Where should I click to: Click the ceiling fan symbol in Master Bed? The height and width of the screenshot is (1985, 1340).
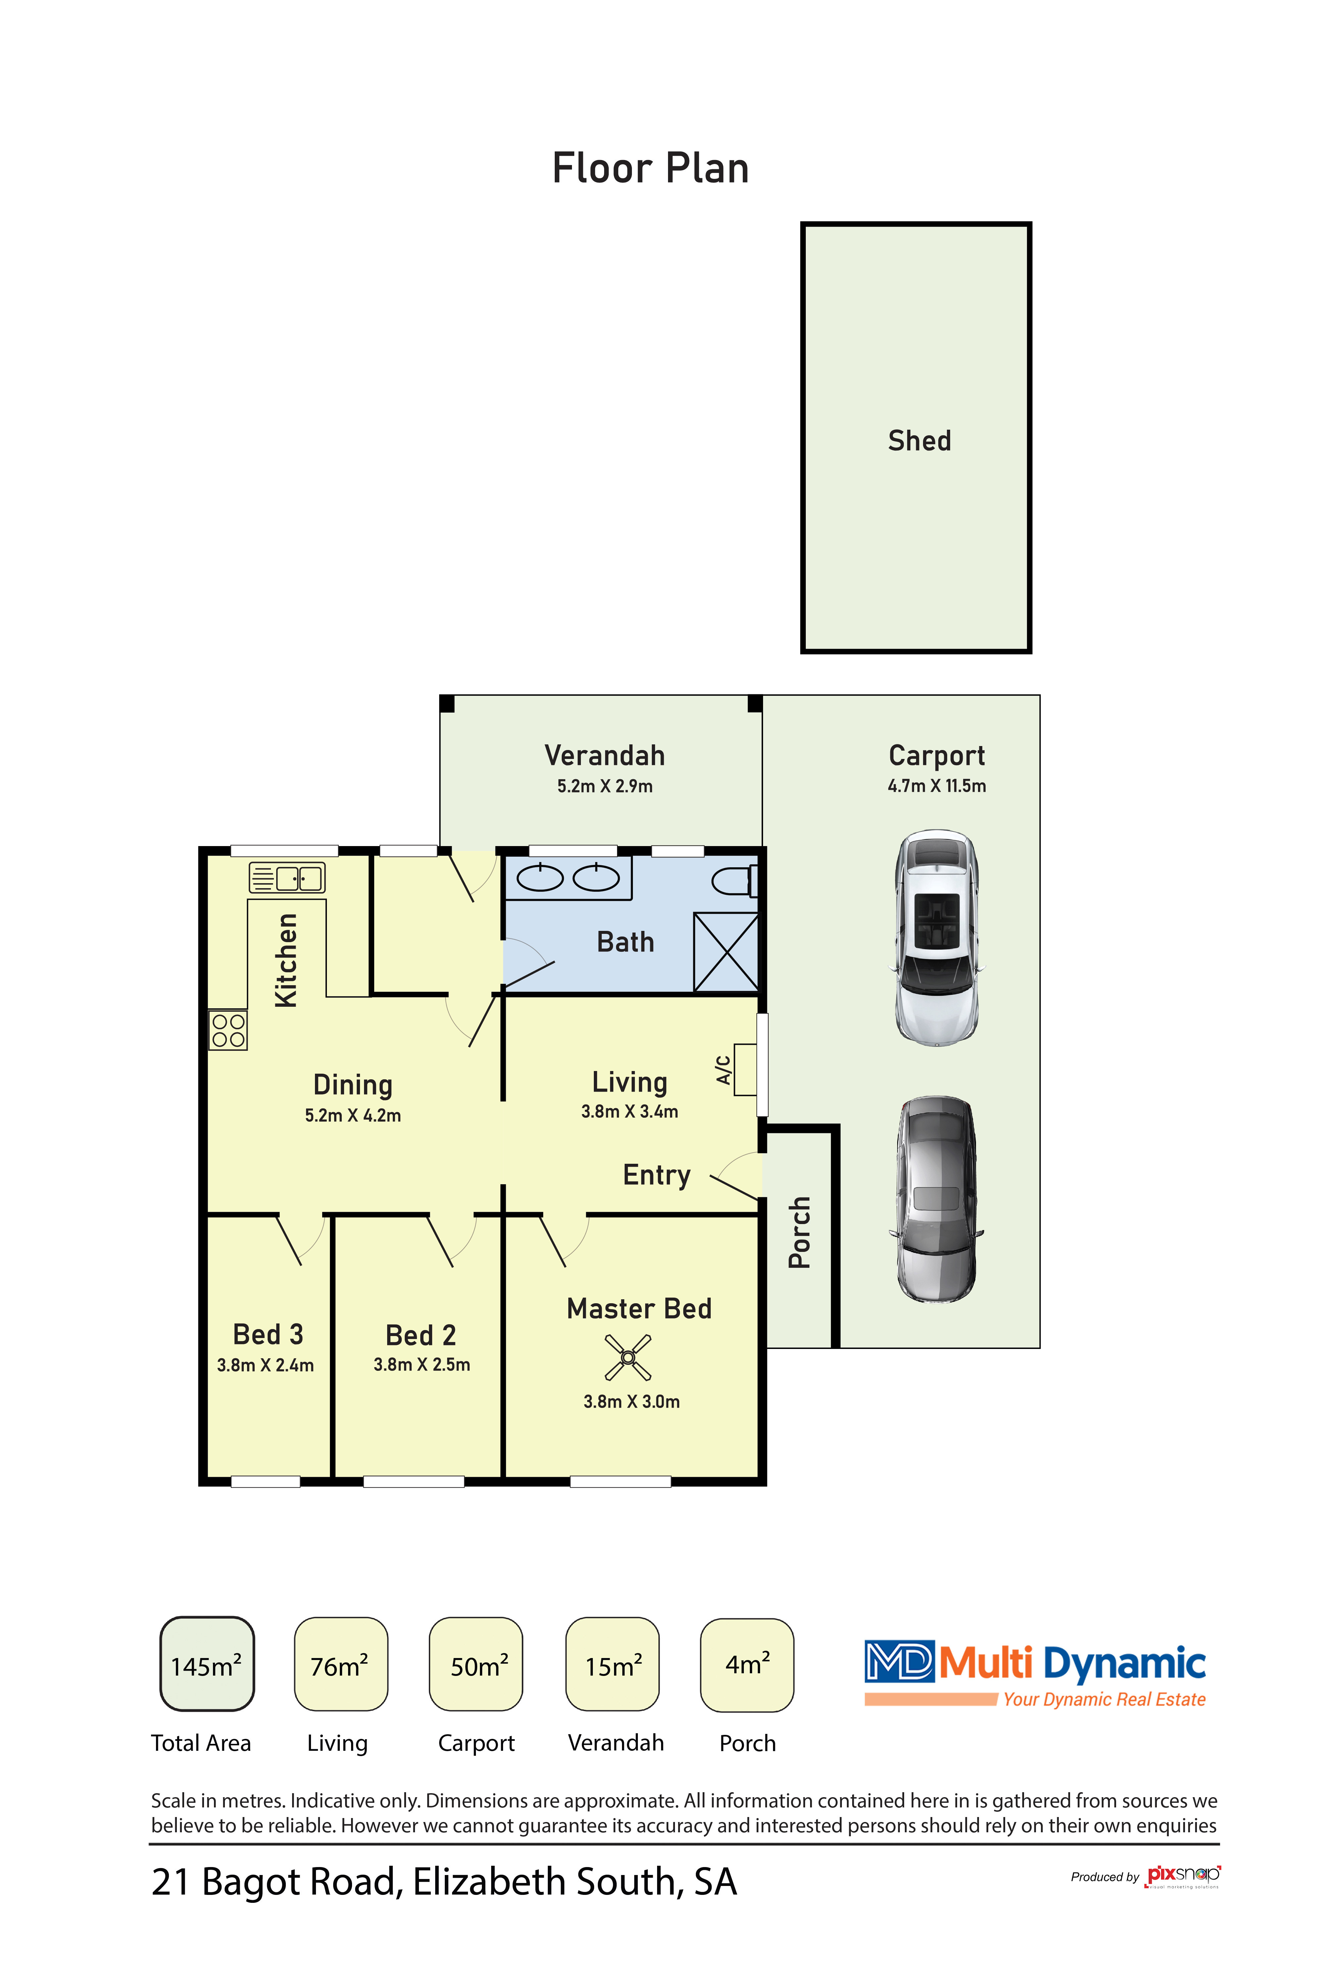coord(628,1357)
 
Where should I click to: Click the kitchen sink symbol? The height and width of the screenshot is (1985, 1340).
coord(287,877)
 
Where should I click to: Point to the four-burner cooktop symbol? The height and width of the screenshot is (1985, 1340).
coord(228,1030)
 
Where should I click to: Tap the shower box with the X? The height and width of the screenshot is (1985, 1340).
coord(726,952)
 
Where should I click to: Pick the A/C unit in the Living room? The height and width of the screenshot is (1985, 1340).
coord(745,1069)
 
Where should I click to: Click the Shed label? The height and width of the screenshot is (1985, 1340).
coord(919,441)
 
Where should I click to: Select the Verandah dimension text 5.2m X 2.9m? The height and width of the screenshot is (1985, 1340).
coord(605,786)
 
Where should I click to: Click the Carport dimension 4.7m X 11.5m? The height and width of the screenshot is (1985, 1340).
coord(937,786)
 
